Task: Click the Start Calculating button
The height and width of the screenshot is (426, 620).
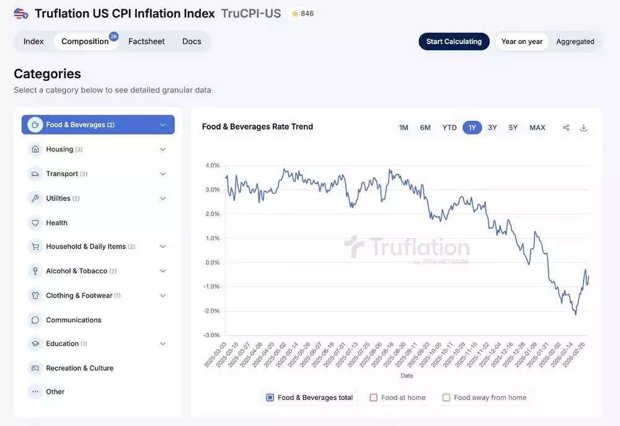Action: (x=454, y=42)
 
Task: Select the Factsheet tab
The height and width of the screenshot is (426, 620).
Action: (x=146, y=42)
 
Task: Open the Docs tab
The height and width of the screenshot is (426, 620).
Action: (x=192, y=42)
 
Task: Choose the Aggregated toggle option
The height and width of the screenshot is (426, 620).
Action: (x=575, y=42)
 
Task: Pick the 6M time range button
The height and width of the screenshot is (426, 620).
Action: (x=425, y=128)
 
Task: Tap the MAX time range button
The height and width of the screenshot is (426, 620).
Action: (x=537, y=128)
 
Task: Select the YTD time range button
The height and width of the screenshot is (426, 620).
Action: (x=449, y=128)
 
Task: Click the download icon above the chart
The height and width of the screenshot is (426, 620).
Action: (x=583, y=128)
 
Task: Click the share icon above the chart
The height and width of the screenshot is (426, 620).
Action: (x=566, y=128)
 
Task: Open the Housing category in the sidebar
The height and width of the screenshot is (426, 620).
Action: (x=60, y=149)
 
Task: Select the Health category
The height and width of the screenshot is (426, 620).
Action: (x=56, y=223)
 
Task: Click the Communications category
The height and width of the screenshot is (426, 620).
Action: (x=73, y=320)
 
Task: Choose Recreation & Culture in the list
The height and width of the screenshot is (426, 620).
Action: (x=79, y=368)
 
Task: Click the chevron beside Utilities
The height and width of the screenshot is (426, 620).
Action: (x=163, y=198)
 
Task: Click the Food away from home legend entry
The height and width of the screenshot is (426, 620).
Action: (x=484, y=397)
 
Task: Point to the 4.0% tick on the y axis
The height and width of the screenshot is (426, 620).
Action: (x=213, y=166)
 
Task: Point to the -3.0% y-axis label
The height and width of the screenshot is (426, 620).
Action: (x=212, y=335)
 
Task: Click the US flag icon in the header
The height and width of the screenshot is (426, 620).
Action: (x=21, y=14)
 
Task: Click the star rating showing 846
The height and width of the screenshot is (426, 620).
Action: (x=302, y=14)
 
